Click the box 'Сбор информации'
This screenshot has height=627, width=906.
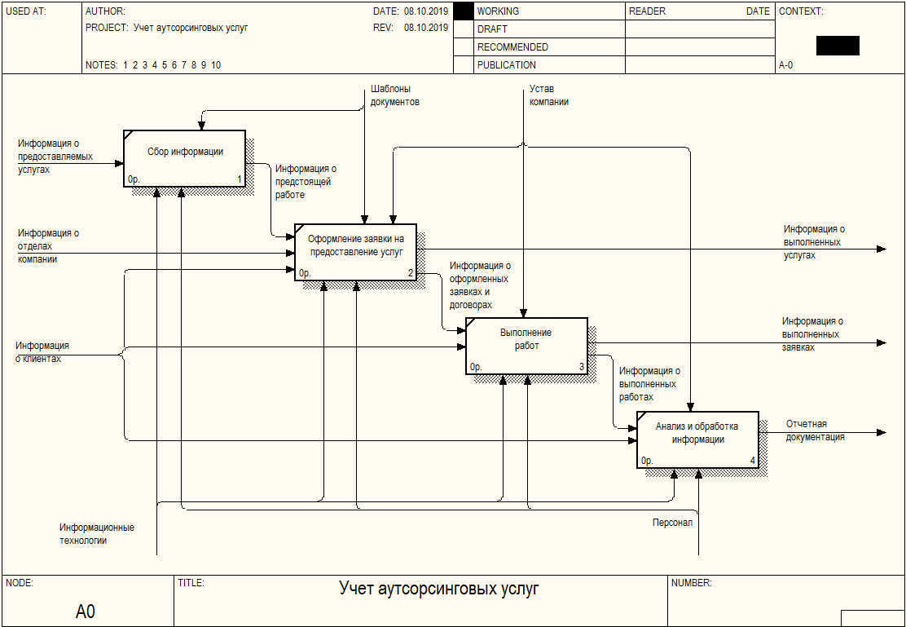(x=184, y=158)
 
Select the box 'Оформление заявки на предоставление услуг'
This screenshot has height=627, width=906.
(x=355, y=252)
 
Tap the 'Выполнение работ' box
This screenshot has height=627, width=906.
(x=526, y=346)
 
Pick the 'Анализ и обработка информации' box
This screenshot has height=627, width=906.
(x=697, y=439)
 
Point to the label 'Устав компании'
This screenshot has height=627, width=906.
(x=549, y=95)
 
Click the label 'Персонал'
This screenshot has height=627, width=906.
(x=672, y=523)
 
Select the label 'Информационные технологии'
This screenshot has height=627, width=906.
(x=97, y=534)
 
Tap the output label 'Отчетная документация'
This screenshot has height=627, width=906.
(x=816, y=431)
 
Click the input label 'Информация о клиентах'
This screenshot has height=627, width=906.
(x=42, y=352)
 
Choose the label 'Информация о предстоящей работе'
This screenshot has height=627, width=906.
(x=306, y=182)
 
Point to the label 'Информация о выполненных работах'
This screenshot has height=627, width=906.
(x=649, y=384)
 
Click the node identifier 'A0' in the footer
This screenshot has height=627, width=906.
(x=86, y=612)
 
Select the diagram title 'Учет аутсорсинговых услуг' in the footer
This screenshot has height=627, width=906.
(x=438, y=589)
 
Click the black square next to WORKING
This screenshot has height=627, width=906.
(x=464, y=11)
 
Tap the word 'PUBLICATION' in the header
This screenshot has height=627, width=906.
(x=507, y=64)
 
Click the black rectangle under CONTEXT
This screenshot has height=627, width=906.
(x=838, y=46)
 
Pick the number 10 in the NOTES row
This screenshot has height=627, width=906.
(x=216, y=64)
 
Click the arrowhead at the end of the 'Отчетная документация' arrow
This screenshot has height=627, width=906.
(x=882, y=432)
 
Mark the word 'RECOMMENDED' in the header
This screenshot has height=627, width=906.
(x=512, y=46)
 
